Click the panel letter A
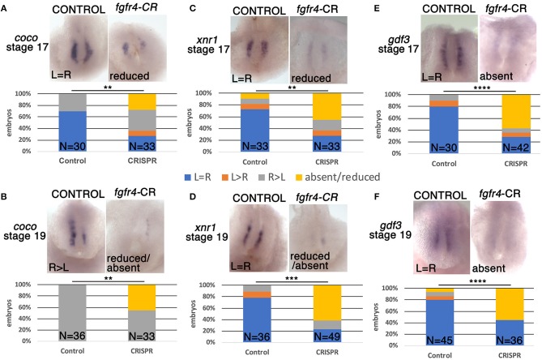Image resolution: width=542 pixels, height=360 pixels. [x=6, y=6]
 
